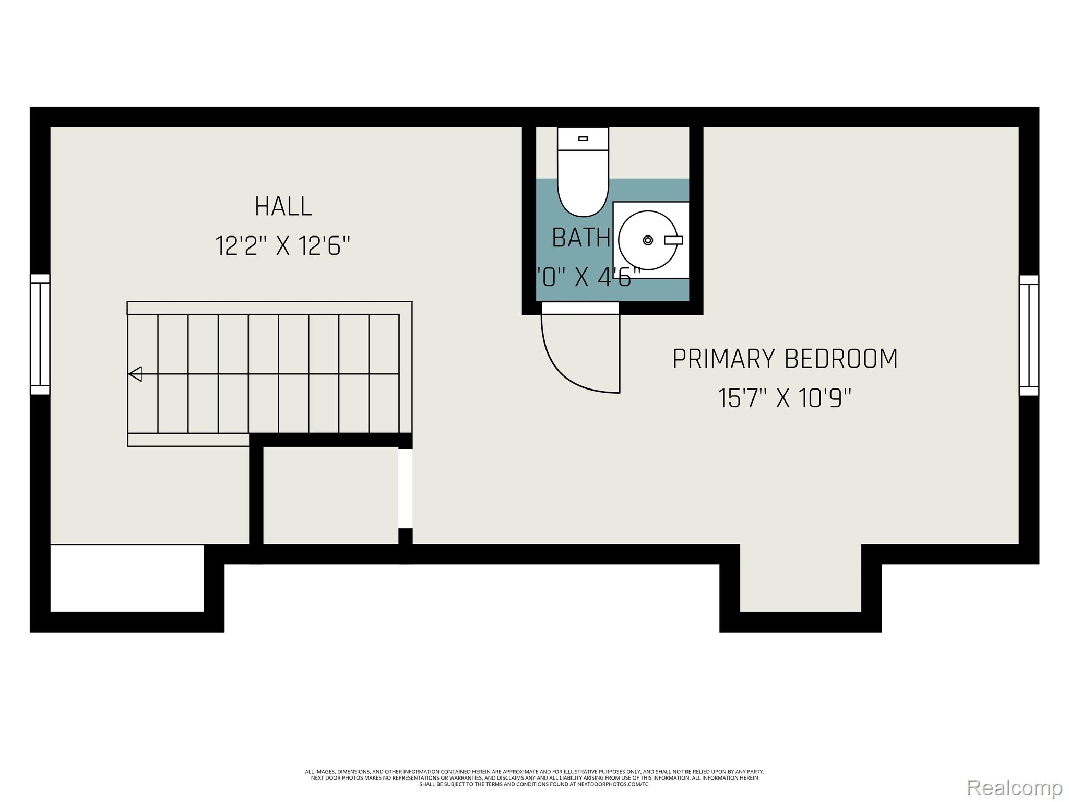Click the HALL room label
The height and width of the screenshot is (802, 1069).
[283, 207]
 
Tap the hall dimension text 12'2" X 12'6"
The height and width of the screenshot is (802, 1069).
[282, 246]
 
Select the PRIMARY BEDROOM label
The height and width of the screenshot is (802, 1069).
[785, 359]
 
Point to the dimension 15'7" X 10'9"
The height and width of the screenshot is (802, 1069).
[785, 398]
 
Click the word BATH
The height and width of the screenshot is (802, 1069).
[580, 239]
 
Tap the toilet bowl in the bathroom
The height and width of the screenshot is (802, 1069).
[583, 188]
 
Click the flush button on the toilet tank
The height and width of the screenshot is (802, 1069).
[583, 139]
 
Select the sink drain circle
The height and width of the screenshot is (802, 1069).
[648, 240]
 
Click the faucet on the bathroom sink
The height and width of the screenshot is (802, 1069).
[673, 240]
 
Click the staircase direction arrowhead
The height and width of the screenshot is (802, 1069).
[135, 374]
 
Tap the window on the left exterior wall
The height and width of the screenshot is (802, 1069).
[40, 334]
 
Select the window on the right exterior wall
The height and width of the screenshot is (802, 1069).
[1029, 335]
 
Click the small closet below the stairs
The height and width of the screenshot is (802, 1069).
[330, 495]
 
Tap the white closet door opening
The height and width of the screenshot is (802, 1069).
[406, 488]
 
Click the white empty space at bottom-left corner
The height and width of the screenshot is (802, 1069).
[127, 578]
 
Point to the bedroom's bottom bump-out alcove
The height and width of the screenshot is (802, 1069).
[800, 580]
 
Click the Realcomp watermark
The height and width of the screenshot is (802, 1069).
[1014, 788]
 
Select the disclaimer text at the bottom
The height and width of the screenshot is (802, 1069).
[534, 777]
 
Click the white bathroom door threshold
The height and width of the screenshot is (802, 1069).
[580, 309]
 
